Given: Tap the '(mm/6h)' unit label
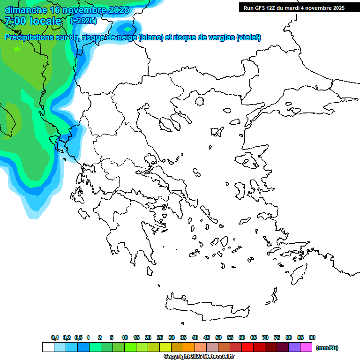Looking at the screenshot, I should pyautogui.click(x=327, y=348).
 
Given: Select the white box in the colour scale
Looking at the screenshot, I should pyautogui.click(x=48, y=347).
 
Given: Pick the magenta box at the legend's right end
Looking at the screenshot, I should pyautogui.click(x=306, y=347).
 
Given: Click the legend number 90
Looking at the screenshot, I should pyautogui.click(x=312, y=337).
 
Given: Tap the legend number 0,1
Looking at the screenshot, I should pyautogui.click(x=55, y=337).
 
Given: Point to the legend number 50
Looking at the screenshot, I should pyautogui.click(x=218, y=337).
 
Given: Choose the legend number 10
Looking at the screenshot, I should pyautogui.click(x=125, y=337).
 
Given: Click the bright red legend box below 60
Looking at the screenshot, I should pyautogui.click(x=247, y=347).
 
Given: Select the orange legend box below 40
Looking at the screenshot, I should pyautogui.click(x=188, y=347).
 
